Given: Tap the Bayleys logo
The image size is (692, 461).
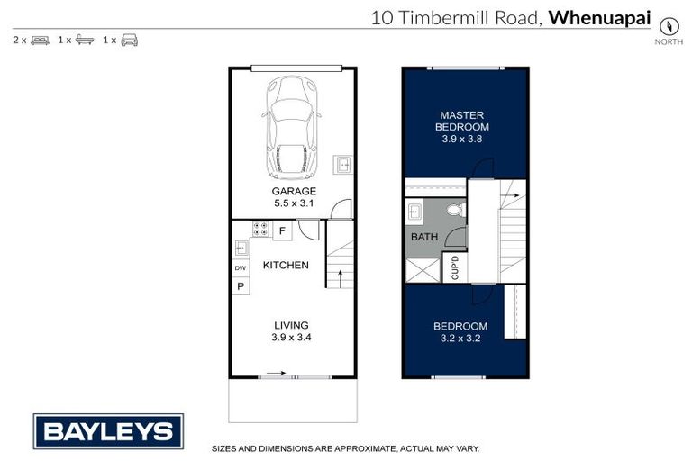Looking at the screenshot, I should pyautogui.click(x=108, y=430).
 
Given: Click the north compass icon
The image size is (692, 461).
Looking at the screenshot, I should pyautogui.click(x=669, y=26).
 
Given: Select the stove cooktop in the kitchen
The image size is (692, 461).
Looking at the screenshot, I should pyautogui.click(x=260, y=230).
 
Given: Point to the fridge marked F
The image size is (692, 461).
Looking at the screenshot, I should pyautogui.click(x=282, y=231).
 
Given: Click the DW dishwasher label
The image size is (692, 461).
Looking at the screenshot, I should pyautogui.click(x=241, y=268).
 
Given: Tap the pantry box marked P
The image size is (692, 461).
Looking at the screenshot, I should pyautogui.click(x=241, y=286).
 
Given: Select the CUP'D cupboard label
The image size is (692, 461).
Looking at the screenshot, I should pyautogui.click(x=454, y=268).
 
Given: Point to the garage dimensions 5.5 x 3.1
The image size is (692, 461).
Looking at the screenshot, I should pyautogui.click(x=295, y=204).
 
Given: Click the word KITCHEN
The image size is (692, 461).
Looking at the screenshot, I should pyautogui.click(x=286, y=266).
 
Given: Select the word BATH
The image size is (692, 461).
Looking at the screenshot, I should pyautogui.click(x=423, y=238).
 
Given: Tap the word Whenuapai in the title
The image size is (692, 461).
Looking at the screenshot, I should pyautogui.click(x=600, y=16).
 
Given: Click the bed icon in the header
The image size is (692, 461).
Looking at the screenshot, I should pyautogui.click(x=40, y=41).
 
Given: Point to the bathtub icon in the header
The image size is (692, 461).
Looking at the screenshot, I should pyautogui.click(x=85, y=41).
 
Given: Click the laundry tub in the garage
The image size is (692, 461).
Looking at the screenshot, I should pyautogui.click(x=342, y=165).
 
